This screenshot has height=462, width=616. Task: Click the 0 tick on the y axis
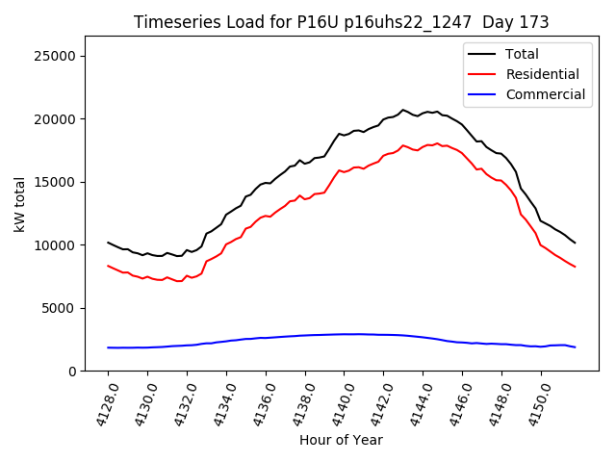pyautogui.click(x=72, y=372)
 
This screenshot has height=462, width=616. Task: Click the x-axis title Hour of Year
pyautogui.click(x=341, y=441)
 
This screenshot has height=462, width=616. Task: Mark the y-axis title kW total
pyautogui.click(x=19, y=204)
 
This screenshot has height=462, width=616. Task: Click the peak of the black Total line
pyautogui.click(x=403, y=110)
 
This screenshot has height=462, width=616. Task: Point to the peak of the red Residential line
pyautogui.click(x=438, y=143)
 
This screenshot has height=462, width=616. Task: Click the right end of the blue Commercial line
pyautogui.click(x=575, y=347)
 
